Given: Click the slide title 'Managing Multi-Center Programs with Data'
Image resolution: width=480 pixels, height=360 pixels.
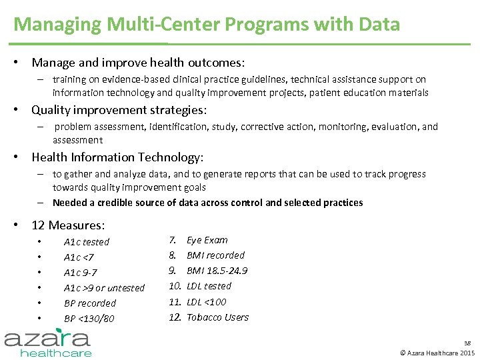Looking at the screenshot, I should tap(207, 25).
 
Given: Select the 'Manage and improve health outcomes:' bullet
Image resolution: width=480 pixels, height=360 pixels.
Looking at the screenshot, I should tap(138, 63).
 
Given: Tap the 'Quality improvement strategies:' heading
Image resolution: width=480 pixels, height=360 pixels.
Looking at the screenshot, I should tap(119, 109).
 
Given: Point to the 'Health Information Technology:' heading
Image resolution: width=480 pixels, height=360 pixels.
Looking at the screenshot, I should tap(117, 157).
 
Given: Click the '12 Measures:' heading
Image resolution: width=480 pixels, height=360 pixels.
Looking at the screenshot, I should tap(68, 225).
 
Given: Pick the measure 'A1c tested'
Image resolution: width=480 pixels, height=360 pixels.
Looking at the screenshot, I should tap(86, 242).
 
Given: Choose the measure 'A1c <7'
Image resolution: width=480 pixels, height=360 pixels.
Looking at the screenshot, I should tap(79, 257).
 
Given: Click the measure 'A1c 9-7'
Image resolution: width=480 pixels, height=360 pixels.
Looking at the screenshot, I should tap(80, 273).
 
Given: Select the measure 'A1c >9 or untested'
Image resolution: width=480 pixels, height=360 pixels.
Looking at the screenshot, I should tap(104, 288).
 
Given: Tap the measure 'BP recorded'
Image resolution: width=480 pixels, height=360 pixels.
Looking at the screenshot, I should tap(89, 303).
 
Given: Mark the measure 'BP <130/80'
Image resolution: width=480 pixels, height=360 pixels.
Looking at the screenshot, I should tap(89, 319).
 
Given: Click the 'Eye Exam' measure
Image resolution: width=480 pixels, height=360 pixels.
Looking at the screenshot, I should tap(207, 240).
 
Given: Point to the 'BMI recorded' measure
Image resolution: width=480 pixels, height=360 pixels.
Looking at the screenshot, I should tap(215, 255).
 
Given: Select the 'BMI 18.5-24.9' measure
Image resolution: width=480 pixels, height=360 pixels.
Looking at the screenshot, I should tap(217, 271).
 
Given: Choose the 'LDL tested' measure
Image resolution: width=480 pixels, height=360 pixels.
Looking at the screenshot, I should tap(209, 286).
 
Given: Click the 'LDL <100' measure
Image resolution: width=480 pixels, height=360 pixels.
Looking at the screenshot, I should tap(206, 302).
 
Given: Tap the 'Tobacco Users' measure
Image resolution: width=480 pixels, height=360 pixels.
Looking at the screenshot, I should tap(217, 317).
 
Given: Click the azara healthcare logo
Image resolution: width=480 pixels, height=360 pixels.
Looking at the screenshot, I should tap(49, 341).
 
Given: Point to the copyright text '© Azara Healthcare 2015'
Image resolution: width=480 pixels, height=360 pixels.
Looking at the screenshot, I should tap(437, 352).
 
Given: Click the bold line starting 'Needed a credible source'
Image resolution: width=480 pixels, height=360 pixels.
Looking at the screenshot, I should tap(207, 203).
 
